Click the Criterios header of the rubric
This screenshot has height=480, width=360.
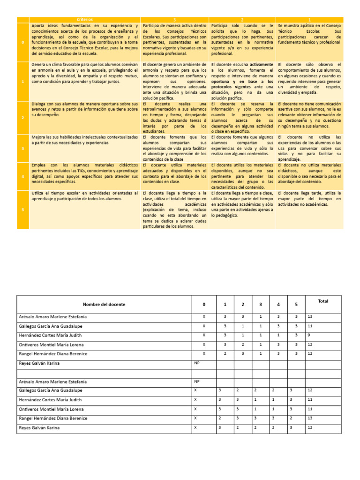85,19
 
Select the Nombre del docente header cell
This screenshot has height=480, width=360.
104,304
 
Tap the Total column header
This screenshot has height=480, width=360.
323,301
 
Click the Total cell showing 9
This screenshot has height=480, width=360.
309,335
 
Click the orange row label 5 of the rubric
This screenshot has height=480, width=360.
23,210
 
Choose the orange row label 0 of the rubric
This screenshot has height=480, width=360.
23,42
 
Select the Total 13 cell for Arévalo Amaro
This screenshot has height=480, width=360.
309,317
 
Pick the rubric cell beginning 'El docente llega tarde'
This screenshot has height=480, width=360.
309,199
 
